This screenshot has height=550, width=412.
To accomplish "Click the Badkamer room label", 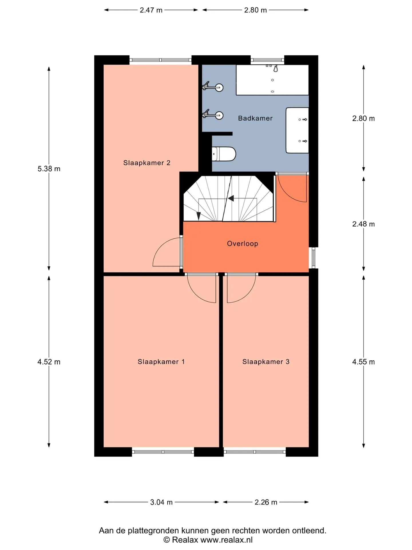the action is [x=255, y=118].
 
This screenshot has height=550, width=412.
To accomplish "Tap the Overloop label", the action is [x=243, y=243].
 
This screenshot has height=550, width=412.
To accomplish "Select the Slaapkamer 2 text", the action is [x=147, y=163].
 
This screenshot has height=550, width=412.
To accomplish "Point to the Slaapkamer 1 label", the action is [x=161, y=362].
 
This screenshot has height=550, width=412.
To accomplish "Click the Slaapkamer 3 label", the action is [x=266, y=362].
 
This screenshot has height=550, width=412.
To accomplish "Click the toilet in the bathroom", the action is [x=224, y=154].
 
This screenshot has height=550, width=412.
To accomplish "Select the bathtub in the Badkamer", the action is [x=272, y=80].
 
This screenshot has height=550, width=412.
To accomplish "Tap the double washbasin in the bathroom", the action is [x=297, y=130].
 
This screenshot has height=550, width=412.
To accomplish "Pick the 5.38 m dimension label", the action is [x=49, y=169].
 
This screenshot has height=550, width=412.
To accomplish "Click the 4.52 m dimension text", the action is [x=49, y=362].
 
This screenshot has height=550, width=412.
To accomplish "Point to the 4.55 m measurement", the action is [x=363, y=362].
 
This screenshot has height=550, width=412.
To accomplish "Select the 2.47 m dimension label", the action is [x=151, y=10].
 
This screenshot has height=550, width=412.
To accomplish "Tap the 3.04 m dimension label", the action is [x=161, y=502].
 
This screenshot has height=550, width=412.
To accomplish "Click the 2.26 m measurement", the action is [x=266, y=502].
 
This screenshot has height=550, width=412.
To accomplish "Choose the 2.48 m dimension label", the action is [x=363, y=224].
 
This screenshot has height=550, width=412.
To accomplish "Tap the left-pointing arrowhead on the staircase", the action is [x=231, y=198].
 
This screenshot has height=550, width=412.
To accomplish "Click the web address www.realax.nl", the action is [x=227, y=540].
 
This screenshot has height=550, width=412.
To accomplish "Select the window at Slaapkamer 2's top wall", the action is [x=160, y=60].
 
